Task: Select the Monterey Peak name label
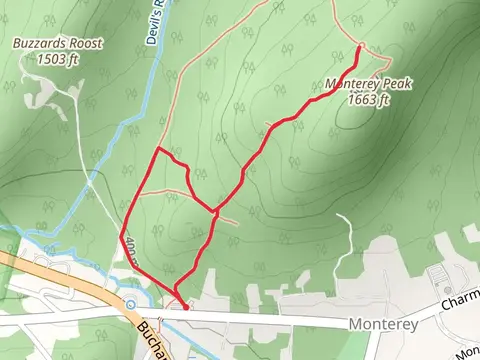click(369, 85)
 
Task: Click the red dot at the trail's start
click(185, 308)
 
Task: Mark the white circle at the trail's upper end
click(359, 46)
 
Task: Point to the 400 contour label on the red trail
click(128, 248)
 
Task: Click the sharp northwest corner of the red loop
click(157, 149)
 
